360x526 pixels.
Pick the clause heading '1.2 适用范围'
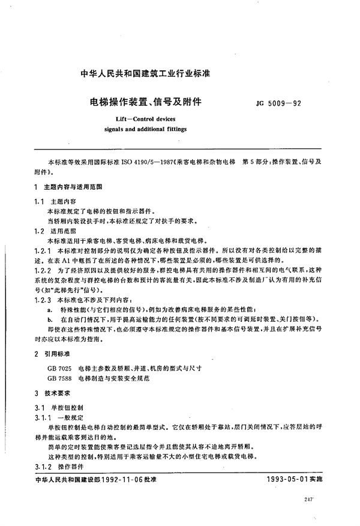(x=57, y=229)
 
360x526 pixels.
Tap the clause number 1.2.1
(x=44, y=247)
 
